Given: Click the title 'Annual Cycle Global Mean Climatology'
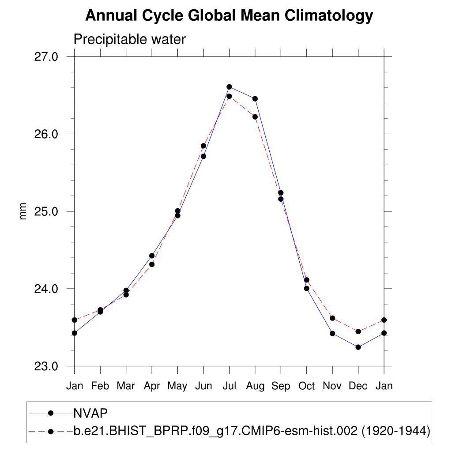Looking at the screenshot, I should click(x=229, y=16).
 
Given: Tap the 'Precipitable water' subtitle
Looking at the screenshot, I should click(x=129, y=39).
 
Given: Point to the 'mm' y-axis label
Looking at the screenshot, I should click(x=23, y=211).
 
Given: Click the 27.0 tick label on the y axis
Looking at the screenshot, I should click(x=46, y=57).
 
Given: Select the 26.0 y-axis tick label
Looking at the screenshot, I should click(x=46, y=134).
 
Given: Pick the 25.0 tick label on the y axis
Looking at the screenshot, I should click(x=46, y=211).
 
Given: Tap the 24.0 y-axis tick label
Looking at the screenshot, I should click(x=46, y=289).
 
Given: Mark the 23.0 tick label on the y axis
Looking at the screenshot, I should click(x=46, y=366).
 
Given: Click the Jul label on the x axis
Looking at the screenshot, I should click(x=229, y=386).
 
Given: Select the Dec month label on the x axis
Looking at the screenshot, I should click(x=358, y=386).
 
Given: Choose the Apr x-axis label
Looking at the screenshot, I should click(x=152, y=386).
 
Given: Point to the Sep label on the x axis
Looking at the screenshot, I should click(x=281, y=386).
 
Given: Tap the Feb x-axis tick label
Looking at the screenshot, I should click(x=100, y=386).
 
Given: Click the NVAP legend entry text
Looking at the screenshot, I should click(x=90, y=413).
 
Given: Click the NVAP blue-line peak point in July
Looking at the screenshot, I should click(x=229, y=87).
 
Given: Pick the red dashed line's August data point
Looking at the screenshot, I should click(x=255, y=117).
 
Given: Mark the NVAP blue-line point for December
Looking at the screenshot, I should click(x=358, y=347).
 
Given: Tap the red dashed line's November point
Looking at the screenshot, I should click(x=332, y=318).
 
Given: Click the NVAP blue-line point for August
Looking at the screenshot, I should click(x=255, y=98).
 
